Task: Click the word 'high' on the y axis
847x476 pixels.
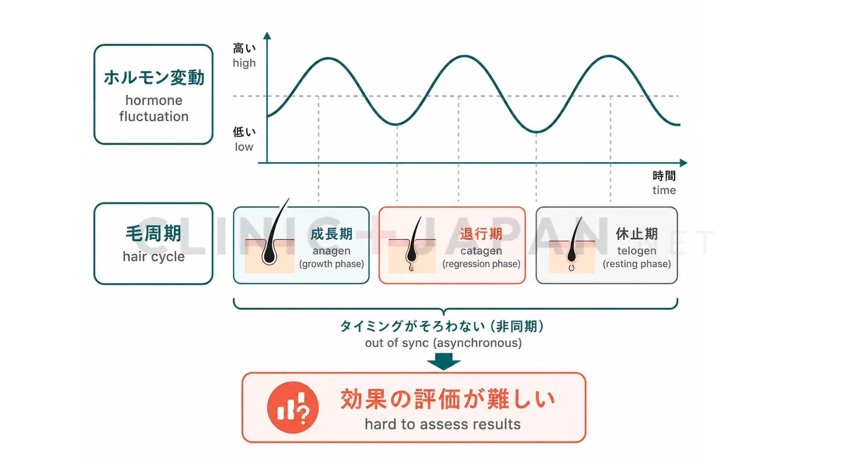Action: tap(244, 63)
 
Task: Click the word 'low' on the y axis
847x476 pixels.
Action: tap(244, 147)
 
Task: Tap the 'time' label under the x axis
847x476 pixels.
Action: tap(664, 190)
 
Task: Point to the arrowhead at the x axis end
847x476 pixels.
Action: tap(683, 163)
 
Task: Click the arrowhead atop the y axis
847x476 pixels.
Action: tap(267, 36)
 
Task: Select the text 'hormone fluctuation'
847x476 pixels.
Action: tap(154, 108)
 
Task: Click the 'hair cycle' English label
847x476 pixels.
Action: tap(154, 257)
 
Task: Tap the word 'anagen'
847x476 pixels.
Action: tap(331, 251)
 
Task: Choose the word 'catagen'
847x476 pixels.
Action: tap(481, 251)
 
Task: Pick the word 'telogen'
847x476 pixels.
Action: tap(637, 251)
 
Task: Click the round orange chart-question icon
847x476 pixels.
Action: tap(293, 407)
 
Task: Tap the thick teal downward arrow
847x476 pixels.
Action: tap(444, 361)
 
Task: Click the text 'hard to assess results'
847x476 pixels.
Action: tap(442, 424)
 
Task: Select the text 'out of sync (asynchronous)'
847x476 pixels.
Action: tap(443, 343)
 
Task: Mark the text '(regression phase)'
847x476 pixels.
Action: tap(481, 264)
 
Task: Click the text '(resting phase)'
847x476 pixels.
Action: tap(637, 264)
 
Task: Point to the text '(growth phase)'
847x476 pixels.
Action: tap(331, 264)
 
